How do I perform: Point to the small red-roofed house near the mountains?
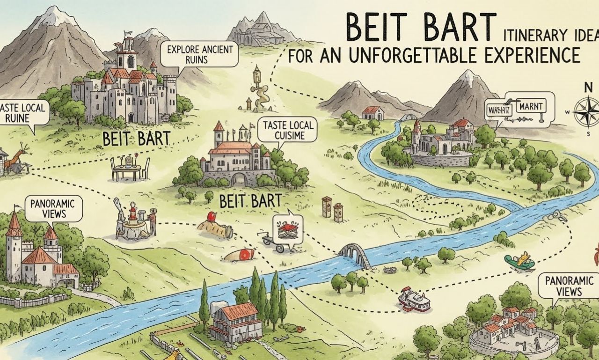pos(373,113)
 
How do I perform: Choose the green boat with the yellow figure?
pos(520,262)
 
